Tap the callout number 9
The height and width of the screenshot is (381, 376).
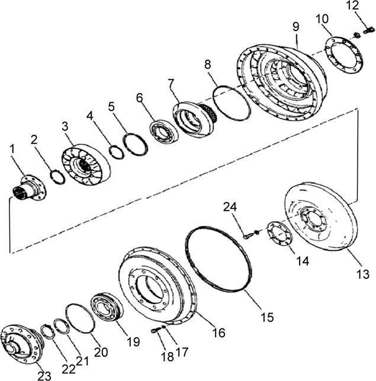pyautogui.click(x=295, y=27)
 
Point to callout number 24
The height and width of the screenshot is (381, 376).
pyautogui.click(x=230, y=206)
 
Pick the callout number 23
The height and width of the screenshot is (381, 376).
pyautogui.click(x=27, y=374)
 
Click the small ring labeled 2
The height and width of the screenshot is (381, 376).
pyautogui.click(x=58, y=176)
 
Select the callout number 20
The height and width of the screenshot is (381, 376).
pyautogui.click(x=101, y=353)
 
